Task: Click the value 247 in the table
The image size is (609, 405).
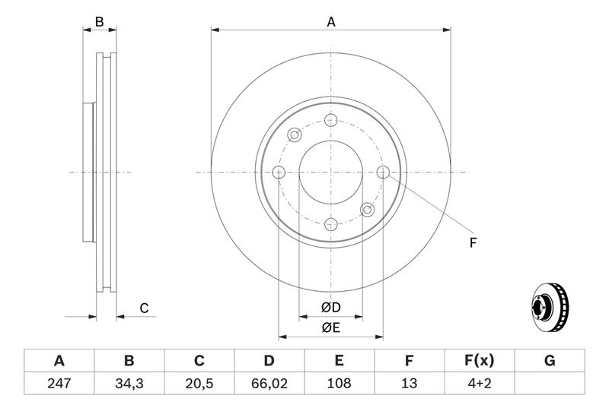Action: [59, 383]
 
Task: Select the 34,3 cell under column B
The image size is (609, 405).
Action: [129, 383]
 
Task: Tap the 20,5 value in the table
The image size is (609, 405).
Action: [199, 383]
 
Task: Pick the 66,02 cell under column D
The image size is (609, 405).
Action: [269, 383]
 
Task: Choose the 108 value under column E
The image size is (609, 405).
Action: [339, 383]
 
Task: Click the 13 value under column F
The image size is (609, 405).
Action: [409, 383]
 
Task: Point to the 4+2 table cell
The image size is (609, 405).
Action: [480, 383]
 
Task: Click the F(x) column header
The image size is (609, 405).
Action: [480, 361]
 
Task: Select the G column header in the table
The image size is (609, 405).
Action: [550, 361]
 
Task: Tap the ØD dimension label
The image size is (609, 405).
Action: [331, 307]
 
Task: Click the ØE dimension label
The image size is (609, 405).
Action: [331, 328]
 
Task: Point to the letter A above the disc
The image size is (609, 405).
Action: [331, 22]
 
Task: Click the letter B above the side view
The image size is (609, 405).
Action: [100, 22]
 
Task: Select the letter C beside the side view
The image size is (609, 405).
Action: [144, 308]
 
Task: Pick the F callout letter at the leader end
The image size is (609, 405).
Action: [473, 243]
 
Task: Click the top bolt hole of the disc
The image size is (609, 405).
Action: [331, 120]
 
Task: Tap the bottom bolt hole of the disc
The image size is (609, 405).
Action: [331, 224]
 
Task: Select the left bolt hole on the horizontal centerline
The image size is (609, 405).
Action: [279, 172]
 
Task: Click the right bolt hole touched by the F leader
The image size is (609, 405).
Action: [383, 172]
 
